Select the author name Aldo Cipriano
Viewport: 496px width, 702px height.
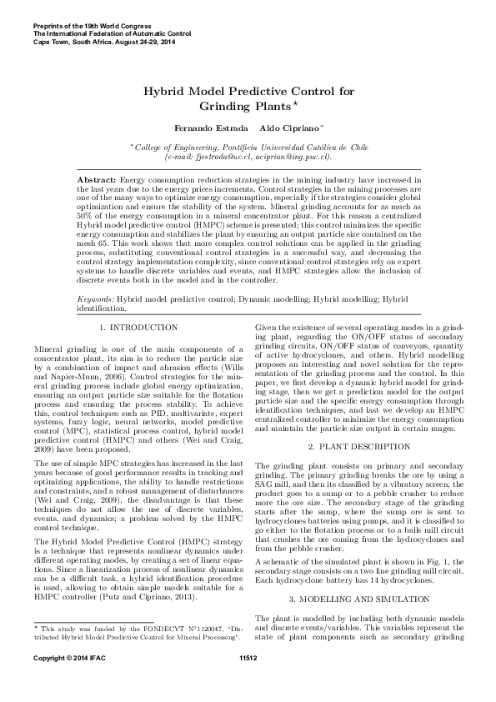tap(286, 128)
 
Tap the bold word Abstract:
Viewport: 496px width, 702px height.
tap(97, 180)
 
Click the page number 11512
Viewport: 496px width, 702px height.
tap(248, 683)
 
